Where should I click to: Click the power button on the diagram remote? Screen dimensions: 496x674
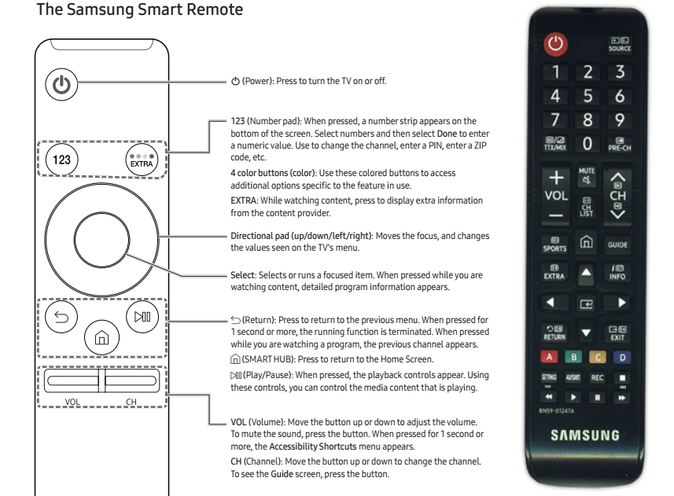coord(64,82)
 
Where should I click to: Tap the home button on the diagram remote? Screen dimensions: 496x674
coord(101,340)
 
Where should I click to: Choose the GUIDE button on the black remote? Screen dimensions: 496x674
coord(617,244)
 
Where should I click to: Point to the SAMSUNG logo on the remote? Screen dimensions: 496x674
coord(587,435)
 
